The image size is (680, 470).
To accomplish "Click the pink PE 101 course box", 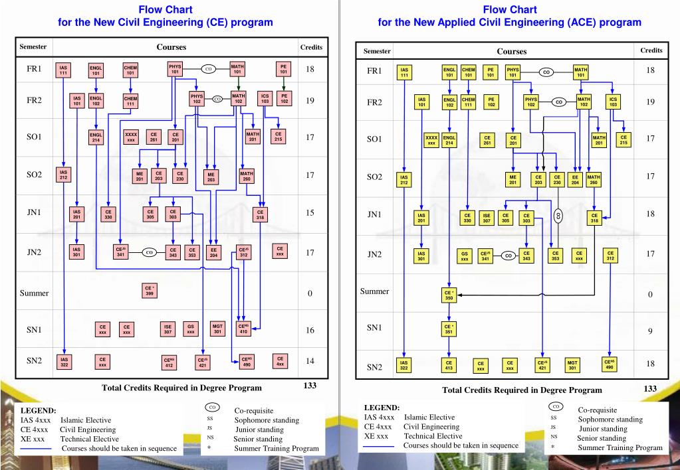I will click(x=284, y=69).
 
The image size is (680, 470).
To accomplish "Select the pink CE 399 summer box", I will click(x=150, y=290).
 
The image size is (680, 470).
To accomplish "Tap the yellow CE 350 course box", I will click(x=449, y=295).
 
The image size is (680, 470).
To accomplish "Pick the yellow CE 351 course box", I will click(x=449, y=329).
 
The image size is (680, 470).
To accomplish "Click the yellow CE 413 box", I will click(x=449, y=366).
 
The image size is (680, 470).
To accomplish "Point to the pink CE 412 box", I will click(x=169, y=362).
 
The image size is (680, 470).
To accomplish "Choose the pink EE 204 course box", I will click(x=213, y=252).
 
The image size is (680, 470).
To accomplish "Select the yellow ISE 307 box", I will click(x=487, y=217).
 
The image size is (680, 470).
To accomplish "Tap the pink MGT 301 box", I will click(x=217, y=329).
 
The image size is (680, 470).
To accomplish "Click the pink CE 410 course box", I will click(x=243, y=329).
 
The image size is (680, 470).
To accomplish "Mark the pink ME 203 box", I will click(x=211, y=177).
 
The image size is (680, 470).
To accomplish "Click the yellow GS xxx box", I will click(x=465, y=256).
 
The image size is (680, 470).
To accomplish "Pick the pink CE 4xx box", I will click(x=281, y=361).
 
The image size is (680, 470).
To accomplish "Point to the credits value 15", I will click(x=310, y=213).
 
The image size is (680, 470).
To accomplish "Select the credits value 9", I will click(x=651, y=331).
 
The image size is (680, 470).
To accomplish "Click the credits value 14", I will click(x=310, y=361).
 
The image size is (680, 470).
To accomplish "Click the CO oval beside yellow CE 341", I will click(x=509, y=256).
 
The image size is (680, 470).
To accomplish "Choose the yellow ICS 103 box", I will click(x=613, y=102).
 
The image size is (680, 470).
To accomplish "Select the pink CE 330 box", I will click(x=108, y=214).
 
